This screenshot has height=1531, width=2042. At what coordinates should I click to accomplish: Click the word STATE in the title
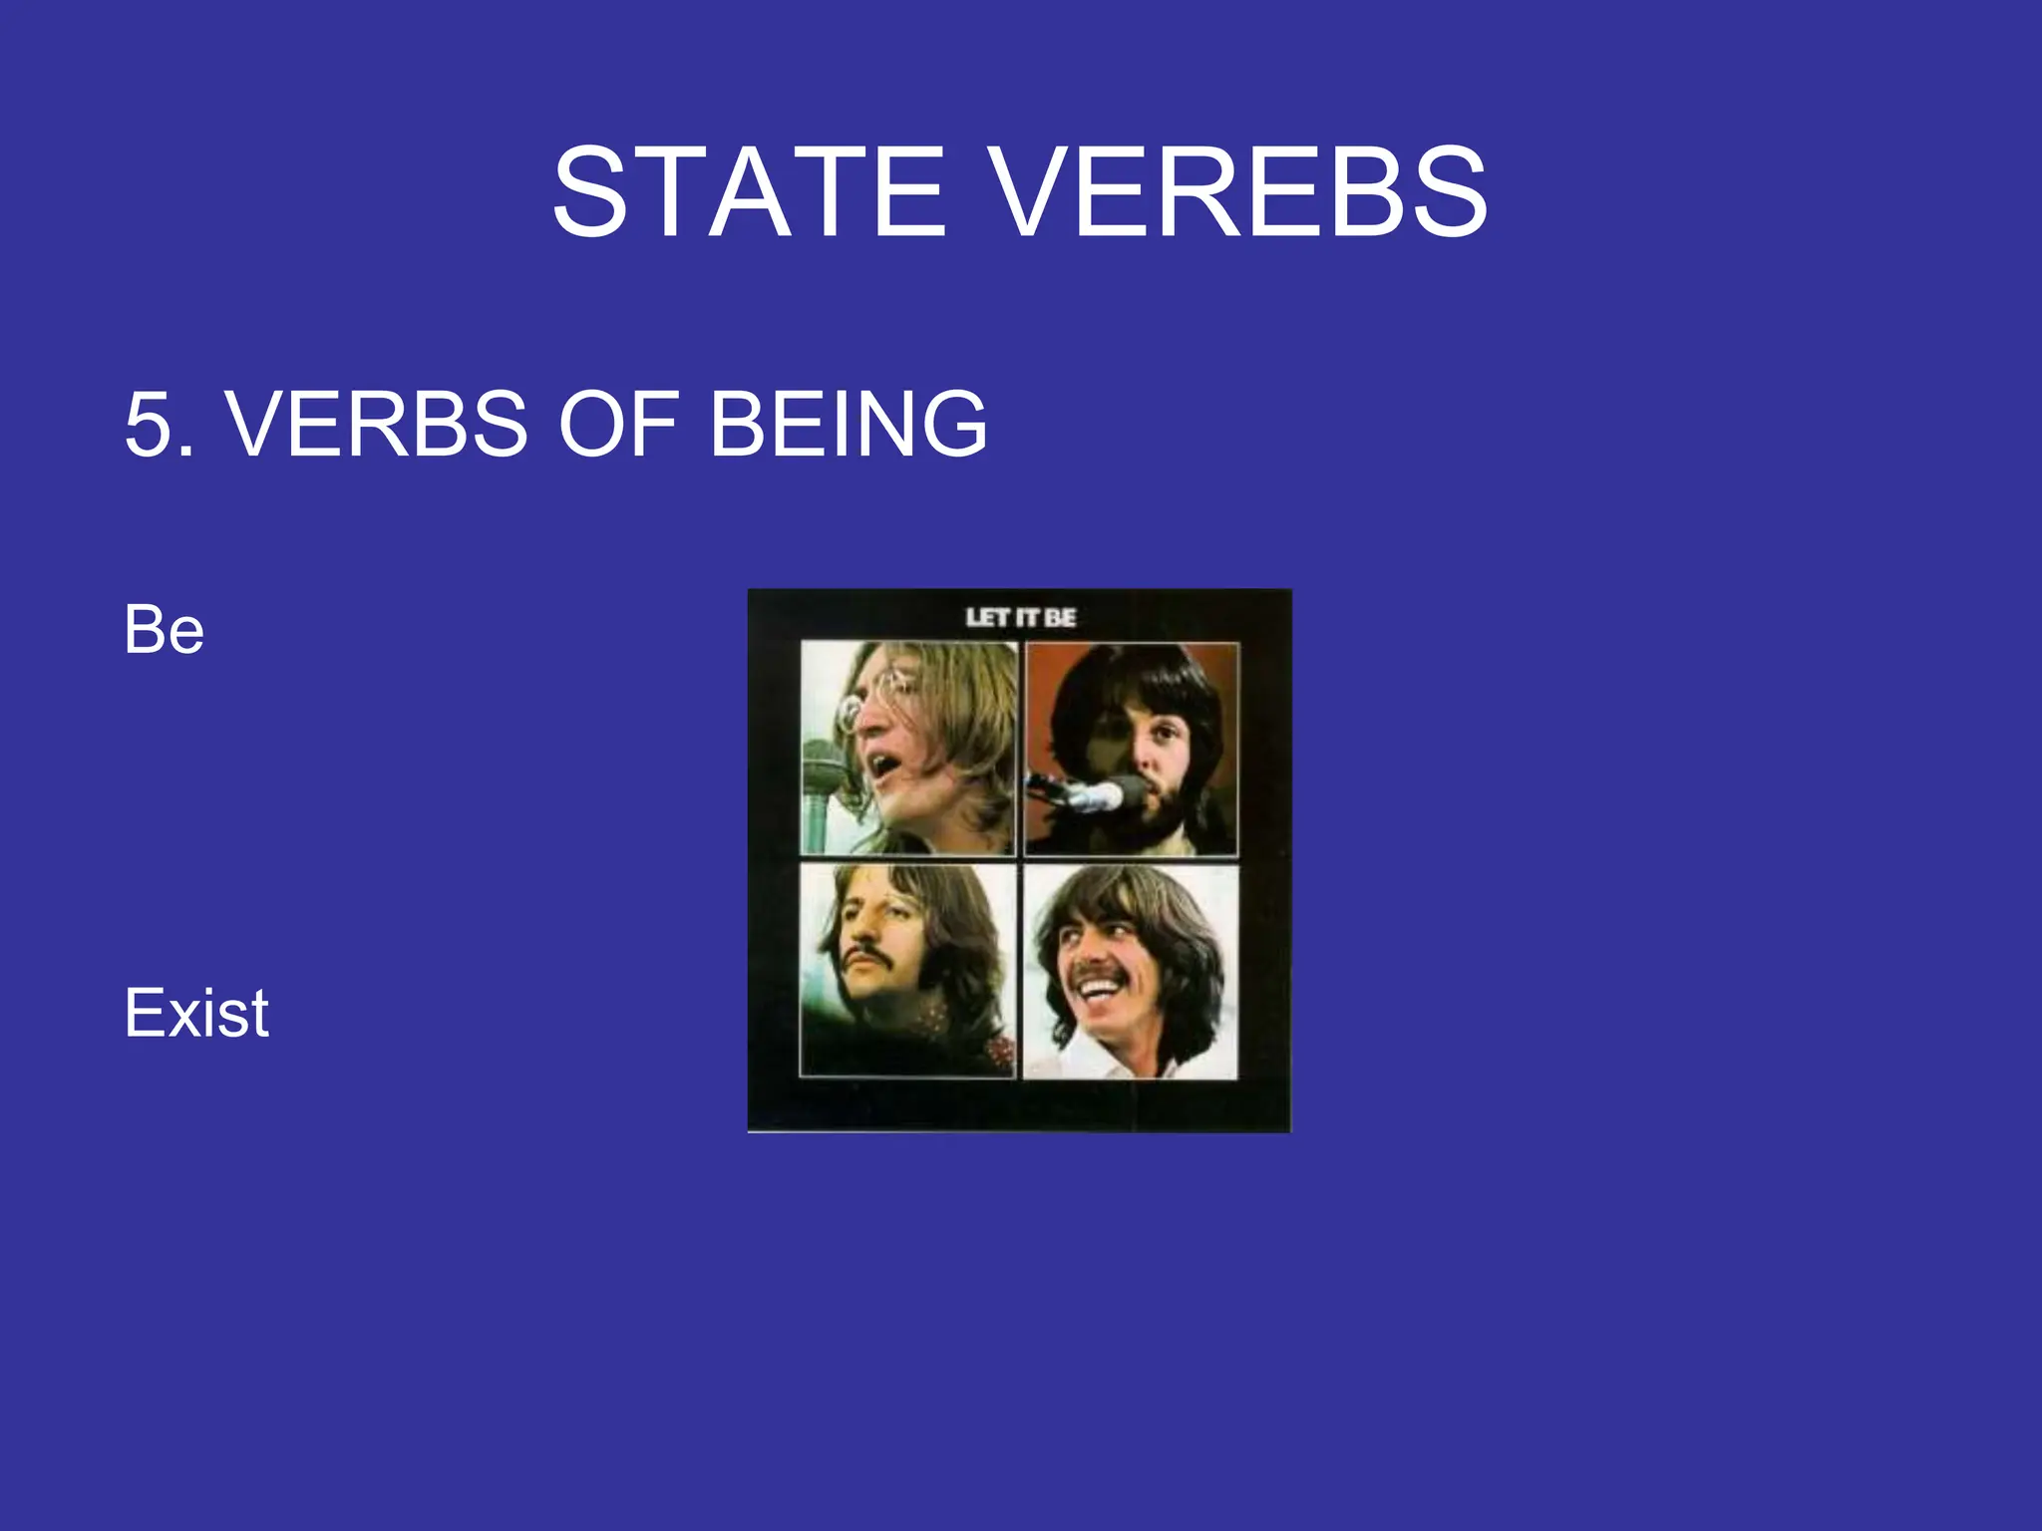click(x=748, y=191)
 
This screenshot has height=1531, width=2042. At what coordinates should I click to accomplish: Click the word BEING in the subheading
click(x=848, y=425)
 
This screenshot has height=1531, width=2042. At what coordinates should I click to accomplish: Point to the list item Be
click(x=165, y=630)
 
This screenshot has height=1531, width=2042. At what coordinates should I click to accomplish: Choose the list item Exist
click(x=196, y=1013)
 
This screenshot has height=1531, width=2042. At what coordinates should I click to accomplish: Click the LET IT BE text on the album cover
click(x=1020, y=618)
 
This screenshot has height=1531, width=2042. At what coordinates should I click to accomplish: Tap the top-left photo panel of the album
click(x=908, y=748)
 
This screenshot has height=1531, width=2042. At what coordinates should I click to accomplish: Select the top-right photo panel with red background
click(x=1132, y=748)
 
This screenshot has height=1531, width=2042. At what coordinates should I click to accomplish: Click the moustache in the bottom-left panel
click(x=867, y=957)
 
